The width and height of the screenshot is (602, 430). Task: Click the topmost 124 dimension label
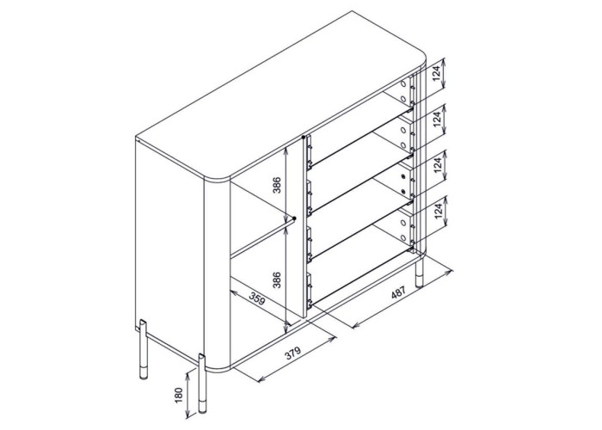(x=436, y=74)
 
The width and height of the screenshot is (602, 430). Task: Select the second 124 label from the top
(x=437, y=120)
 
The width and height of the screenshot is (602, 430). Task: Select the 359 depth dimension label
(x=257, y=298)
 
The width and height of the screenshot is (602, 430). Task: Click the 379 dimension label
(x=293, y=353)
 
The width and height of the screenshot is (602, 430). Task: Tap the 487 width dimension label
(x=398, y=293)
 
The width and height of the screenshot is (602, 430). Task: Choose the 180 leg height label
(x=178, y=396)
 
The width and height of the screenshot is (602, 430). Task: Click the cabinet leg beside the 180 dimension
(x=202, y=384)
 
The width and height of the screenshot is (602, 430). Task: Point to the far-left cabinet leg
(x=143, y=349)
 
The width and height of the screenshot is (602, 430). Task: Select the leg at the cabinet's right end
(x=420, y=273)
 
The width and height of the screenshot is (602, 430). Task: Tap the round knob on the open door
(x=294, y=218)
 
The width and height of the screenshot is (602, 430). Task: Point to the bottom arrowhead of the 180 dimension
(x=187, y=415)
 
